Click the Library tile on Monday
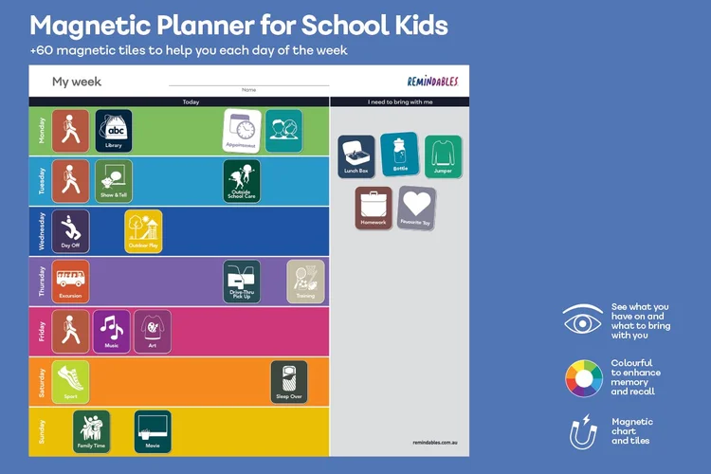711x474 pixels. coord(114,130)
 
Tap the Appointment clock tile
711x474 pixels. coord(243,130)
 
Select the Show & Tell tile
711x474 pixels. coord(114,180)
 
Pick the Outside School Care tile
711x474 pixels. coord(242,180)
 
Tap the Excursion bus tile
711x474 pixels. coord(70,281)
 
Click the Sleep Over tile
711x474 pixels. coord(289,381)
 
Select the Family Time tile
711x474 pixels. coord(92,431)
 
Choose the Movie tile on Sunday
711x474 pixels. coord(153,431)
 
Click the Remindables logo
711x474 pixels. coord(432,82)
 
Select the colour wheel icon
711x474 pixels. coord(584,379)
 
